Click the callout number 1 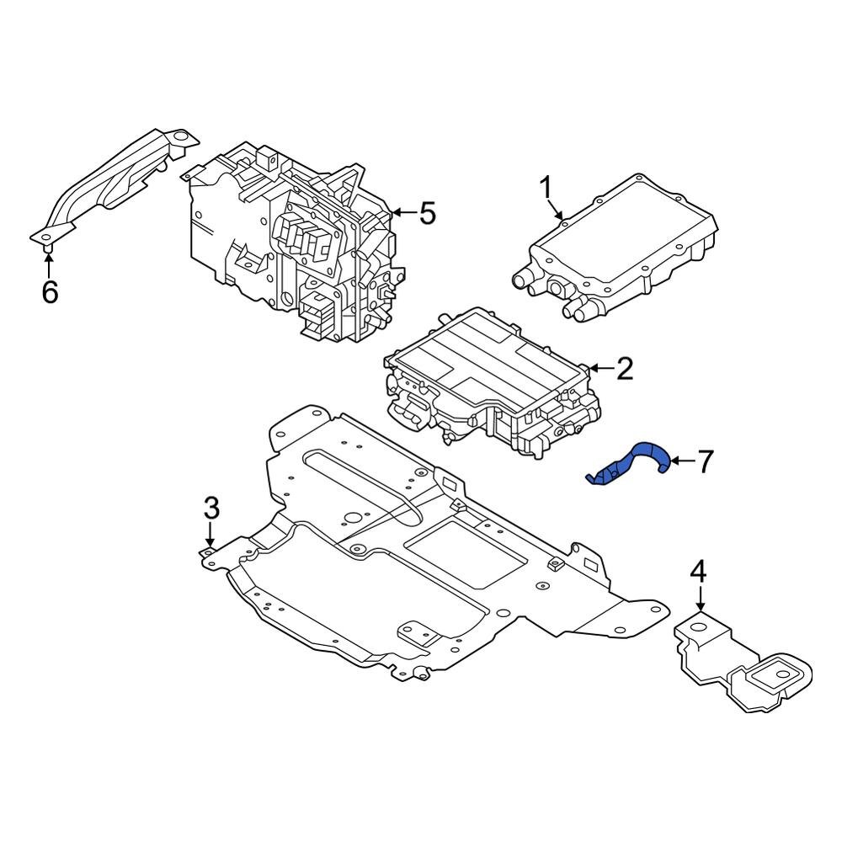(546, 186)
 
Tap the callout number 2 (624, 369)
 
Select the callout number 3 (211, 508)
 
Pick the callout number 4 (699, 573)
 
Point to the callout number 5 (428, 214)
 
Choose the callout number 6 (50, 292)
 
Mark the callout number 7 (704, 461)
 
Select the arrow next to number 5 (403, 214)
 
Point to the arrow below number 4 (700, 600)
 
